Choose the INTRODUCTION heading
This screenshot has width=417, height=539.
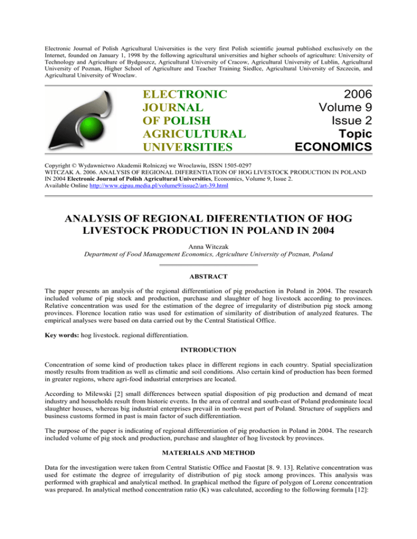pos(208,358)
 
